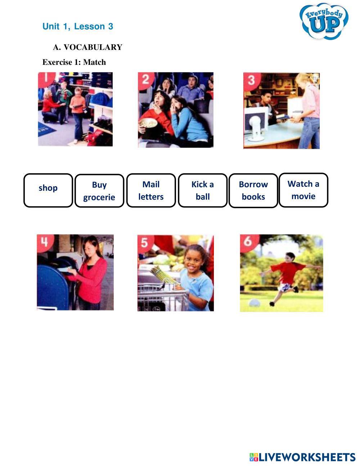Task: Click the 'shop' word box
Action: coord(48,190)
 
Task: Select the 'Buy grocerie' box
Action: coord(99,191)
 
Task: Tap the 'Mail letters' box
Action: coord(151,191)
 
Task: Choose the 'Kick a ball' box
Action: coord(203,191)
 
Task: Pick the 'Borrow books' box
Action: coord(253,191)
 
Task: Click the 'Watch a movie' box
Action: coord(303,190)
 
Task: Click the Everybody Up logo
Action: coord(324,22)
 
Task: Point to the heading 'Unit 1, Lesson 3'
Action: coord(78,26)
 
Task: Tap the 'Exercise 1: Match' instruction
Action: coord(74,62)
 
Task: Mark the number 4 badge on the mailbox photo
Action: coord(45,242)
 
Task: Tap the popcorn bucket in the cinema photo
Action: coord(148,124)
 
